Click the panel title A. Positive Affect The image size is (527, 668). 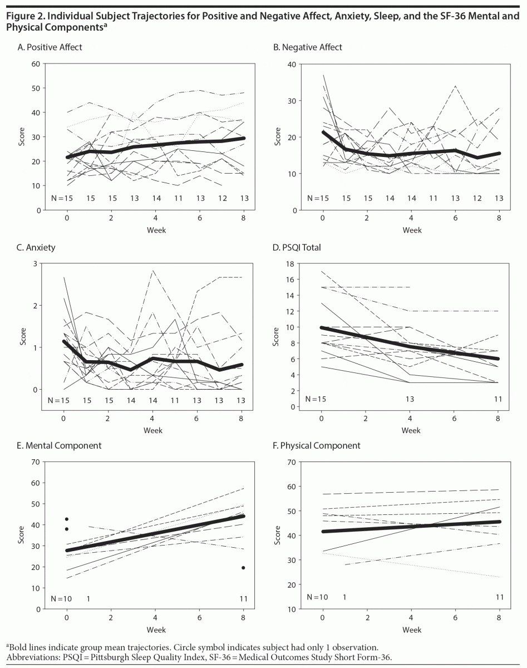coord(50,47)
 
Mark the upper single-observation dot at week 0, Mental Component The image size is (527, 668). coord(67,519)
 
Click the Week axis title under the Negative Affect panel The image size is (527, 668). coord(411,229)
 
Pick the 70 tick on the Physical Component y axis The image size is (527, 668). coord(289,462)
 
